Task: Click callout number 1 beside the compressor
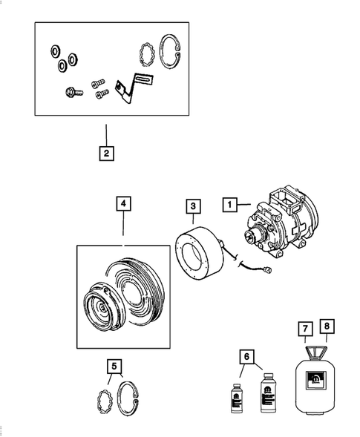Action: tap(229, 203)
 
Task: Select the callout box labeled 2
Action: tap(107, 154)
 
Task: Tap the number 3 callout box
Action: tap(192, 206)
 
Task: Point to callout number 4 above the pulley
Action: tap(123, 203)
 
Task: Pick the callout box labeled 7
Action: tap(305, 327)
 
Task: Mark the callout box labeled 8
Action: tap(327, 326)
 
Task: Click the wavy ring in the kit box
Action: tap(146, 55)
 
